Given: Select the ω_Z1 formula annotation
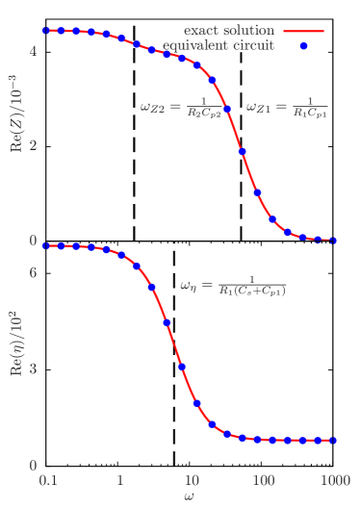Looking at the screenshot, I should [x=286, y=106].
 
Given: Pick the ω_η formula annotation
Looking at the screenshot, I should [x=233, y=286].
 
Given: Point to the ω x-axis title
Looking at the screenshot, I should [x=191, y=496].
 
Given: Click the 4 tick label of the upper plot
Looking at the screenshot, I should [x=34, y=50].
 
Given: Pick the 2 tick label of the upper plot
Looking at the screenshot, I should [x=34, y=145].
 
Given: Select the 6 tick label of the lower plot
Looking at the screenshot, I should [x=34, y=273].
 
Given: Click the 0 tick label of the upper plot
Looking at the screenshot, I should [x=34, y=241].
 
